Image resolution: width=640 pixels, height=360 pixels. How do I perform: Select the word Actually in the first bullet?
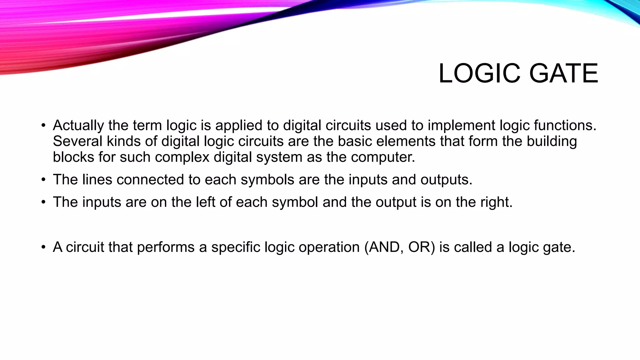click(78, 126)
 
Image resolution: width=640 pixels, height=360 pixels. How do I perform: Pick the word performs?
click(166, 247)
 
